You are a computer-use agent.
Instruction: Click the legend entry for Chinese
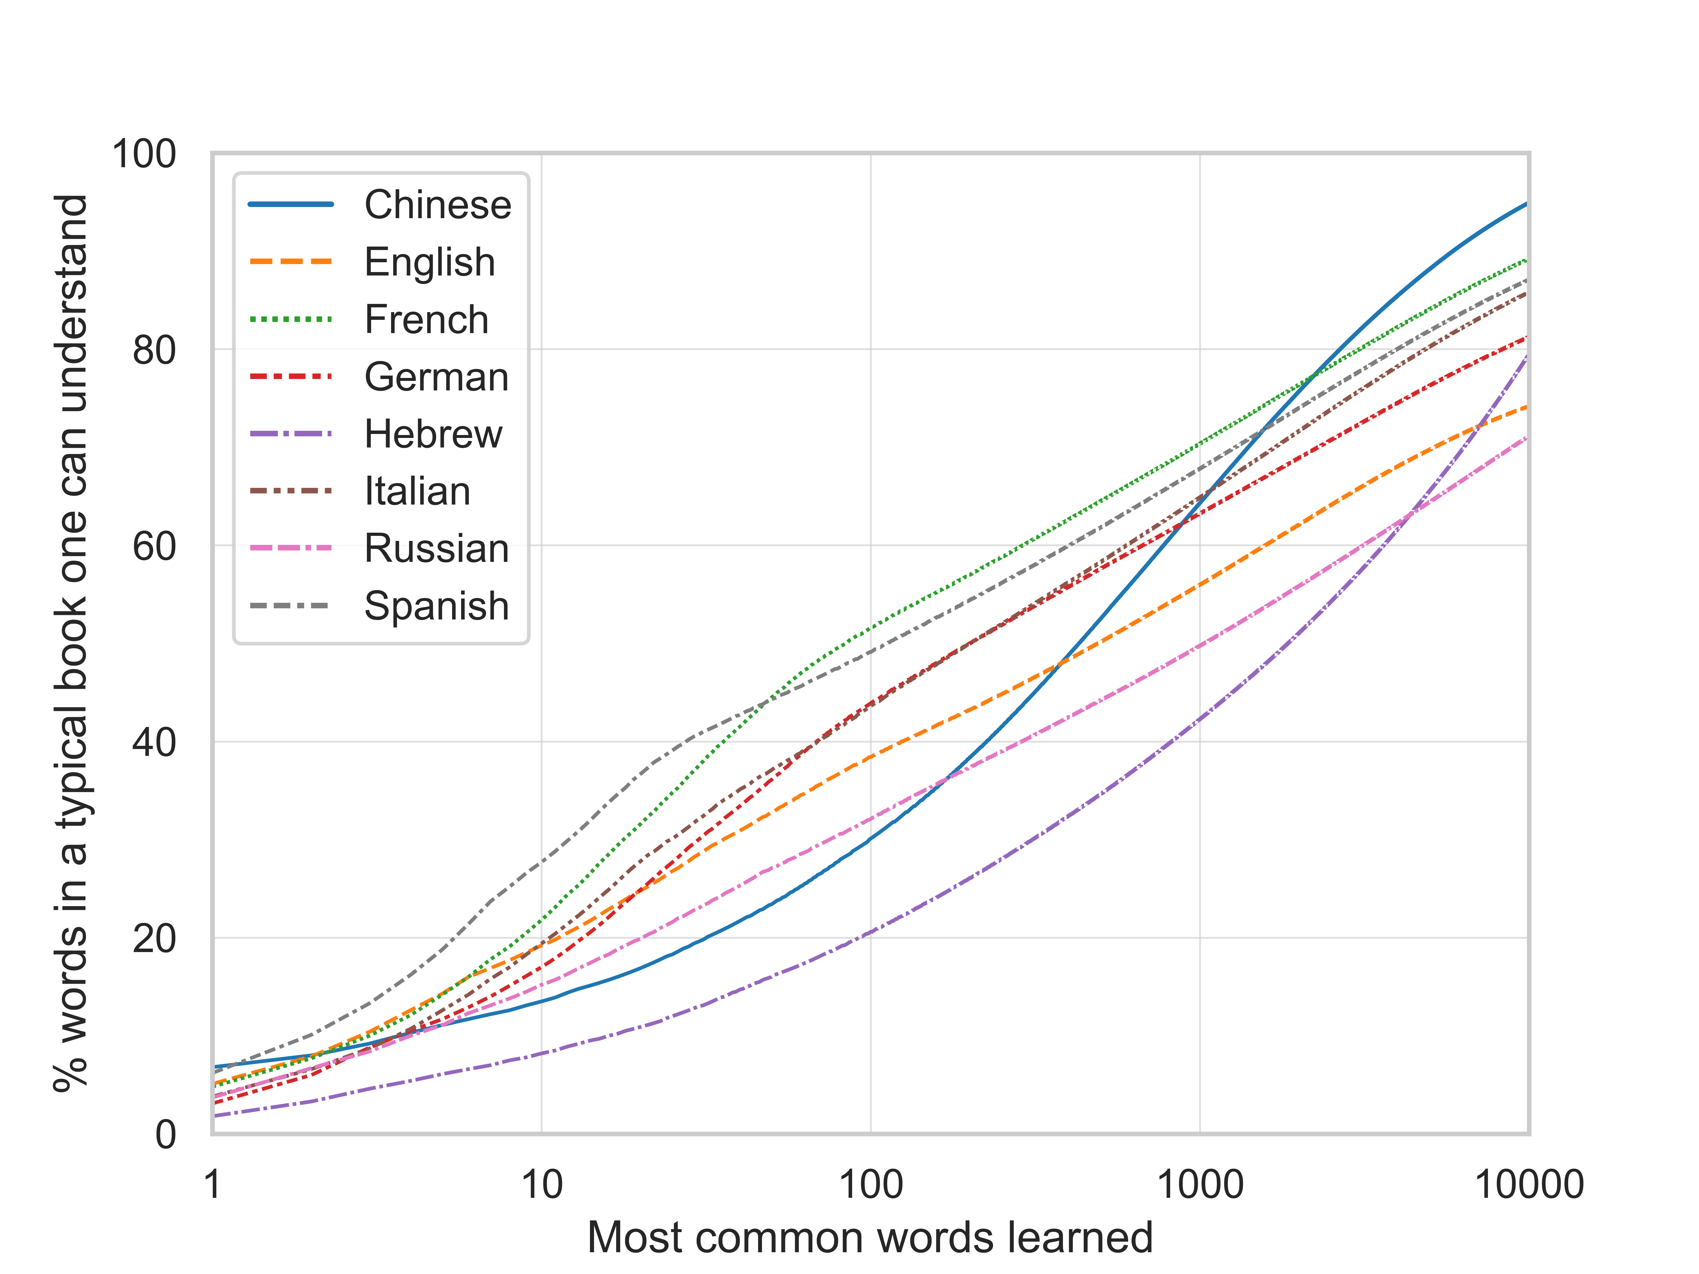tap(437, 205)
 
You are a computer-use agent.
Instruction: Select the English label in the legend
tap(429, 263)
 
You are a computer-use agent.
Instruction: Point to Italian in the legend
tap(417, 492)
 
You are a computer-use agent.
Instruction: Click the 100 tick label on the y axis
tap(144, 154)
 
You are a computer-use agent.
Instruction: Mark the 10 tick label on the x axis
tap(542, 1185)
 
